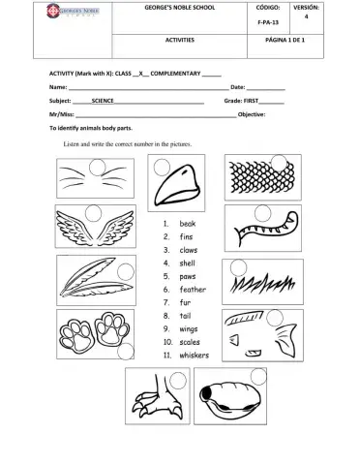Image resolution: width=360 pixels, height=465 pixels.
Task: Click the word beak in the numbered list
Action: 188,223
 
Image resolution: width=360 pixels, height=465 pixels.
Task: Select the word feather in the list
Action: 193,289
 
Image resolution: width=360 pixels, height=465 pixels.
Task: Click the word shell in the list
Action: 188,263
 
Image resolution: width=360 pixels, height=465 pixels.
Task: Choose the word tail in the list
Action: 187,315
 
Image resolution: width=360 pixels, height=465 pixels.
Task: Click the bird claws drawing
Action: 158,406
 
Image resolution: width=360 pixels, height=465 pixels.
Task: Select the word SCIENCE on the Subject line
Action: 104,100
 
